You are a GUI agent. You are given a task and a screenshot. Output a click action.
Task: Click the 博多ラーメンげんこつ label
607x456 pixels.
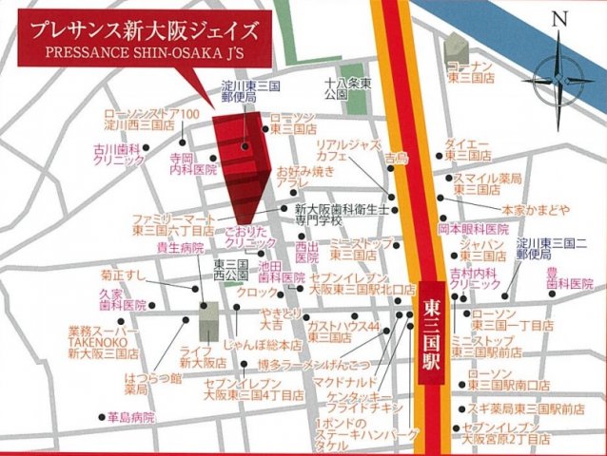click(303, 364)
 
